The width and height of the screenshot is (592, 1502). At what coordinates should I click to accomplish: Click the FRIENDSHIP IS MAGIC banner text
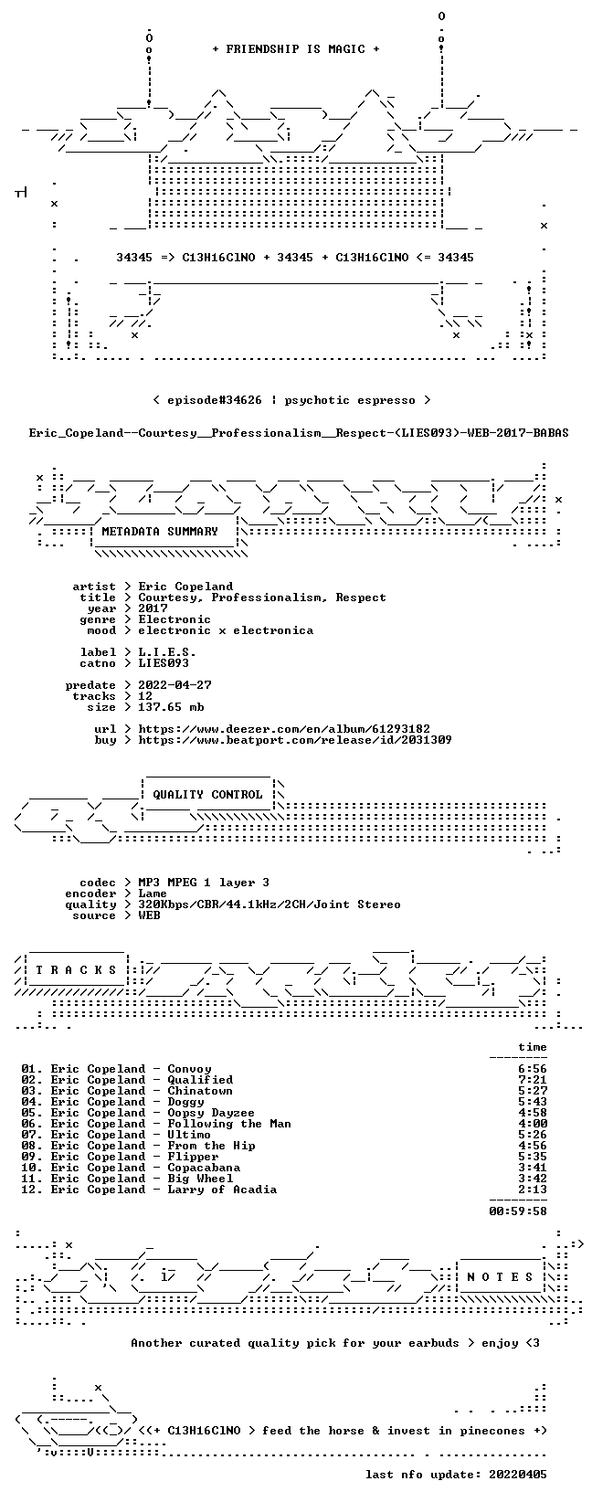point(296,49)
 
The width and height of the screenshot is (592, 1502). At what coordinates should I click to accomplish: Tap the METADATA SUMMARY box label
point(160,532)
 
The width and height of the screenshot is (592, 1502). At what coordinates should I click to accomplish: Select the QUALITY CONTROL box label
point(207,795)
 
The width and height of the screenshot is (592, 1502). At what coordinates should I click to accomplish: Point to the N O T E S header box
point(500,1276)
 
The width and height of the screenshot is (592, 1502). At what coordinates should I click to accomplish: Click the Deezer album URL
point(284,729)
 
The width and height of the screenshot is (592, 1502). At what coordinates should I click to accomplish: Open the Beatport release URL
point(295,740)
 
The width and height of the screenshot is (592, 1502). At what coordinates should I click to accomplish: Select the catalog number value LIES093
point(164,663)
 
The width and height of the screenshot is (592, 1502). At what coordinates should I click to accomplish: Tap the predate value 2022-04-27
point(174,685)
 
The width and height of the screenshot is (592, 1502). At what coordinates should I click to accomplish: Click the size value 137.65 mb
point(171,707)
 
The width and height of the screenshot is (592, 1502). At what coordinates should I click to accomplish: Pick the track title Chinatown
point(200,1091)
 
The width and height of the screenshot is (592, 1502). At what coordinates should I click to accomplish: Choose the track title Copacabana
point(204,1168)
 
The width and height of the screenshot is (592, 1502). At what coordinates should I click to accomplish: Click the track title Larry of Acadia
point(222,1190)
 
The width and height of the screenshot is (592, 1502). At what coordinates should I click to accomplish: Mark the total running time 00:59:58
point(518,1211)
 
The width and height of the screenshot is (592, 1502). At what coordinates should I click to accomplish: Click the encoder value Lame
point(153,894)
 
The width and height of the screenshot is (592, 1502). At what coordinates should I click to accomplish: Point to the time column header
point(533,1047)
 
